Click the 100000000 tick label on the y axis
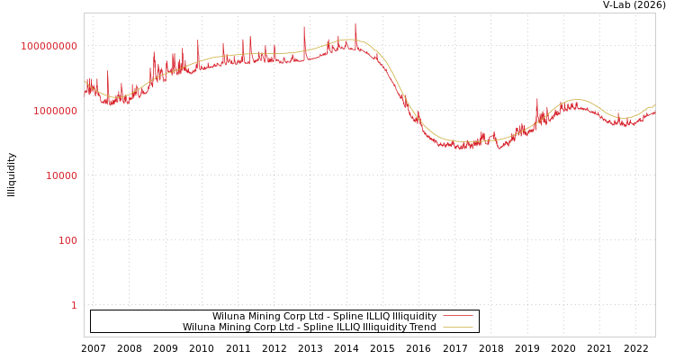pos(49,46)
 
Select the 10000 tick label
pos(61,175)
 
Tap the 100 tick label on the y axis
pos(67,240)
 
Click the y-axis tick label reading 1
pos(74,305)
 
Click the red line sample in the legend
pos(458,316)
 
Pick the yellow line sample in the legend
pos(458,327)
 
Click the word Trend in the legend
pos(422,327)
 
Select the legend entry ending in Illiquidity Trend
pos(309,327)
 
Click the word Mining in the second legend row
pos(233,327)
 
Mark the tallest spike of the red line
pos(355,24)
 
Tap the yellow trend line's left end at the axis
pos(85,79)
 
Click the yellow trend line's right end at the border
pos(654,105)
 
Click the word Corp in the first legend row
pos(279,316)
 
